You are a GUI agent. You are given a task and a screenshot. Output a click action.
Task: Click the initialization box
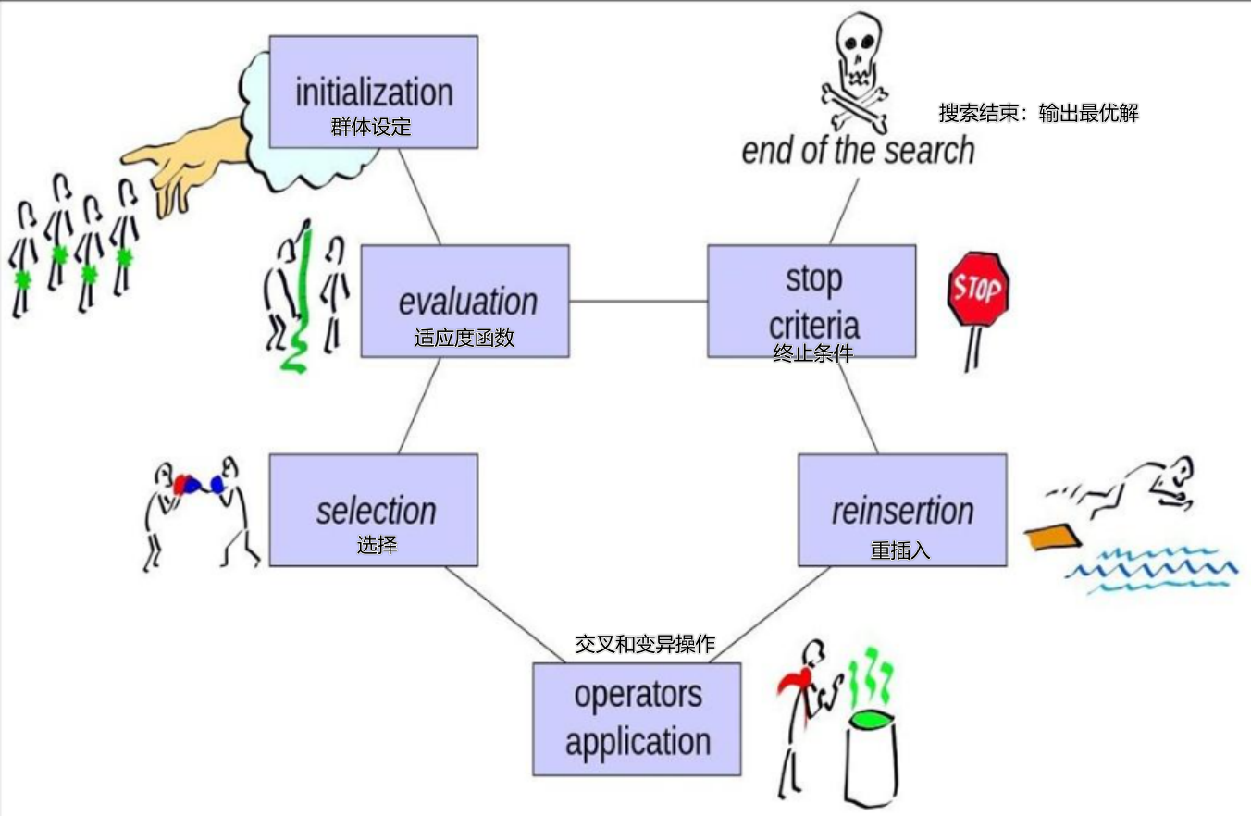coord(373,92)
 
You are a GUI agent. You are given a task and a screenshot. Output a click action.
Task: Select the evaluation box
coord(464,301)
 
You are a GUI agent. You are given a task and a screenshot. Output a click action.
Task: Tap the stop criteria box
coord(811,301)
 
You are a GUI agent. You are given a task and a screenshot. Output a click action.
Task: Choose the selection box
coord(373,510)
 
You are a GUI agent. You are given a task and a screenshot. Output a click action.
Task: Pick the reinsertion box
coord(902,510)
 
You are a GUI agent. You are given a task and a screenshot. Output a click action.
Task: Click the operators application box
coord(637,719)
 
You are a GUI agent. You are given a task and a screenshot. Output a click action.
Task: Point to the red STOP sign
coord(978,289)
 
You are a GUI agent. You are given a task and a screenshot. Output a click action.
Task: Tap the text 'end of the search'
coord(858,150)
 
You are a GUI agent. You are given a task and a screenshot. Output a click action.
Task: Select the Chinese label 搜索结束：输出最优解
coord(1038,114)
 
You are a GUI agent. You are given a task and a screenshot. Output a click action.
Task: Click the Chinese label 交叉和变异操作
coord(645,644)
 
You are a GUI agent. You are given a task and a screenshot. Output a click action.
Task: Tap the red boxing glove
coord(185,483)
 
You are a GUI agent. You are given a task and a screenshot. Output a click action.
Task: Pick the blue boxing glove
coord(217,484)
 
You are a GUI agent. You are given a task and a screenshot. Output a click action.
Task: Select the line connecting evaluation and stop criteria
coord(638,301)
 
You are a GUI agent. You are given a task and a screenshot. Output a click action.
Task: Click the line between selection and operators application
coord(504,614)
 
